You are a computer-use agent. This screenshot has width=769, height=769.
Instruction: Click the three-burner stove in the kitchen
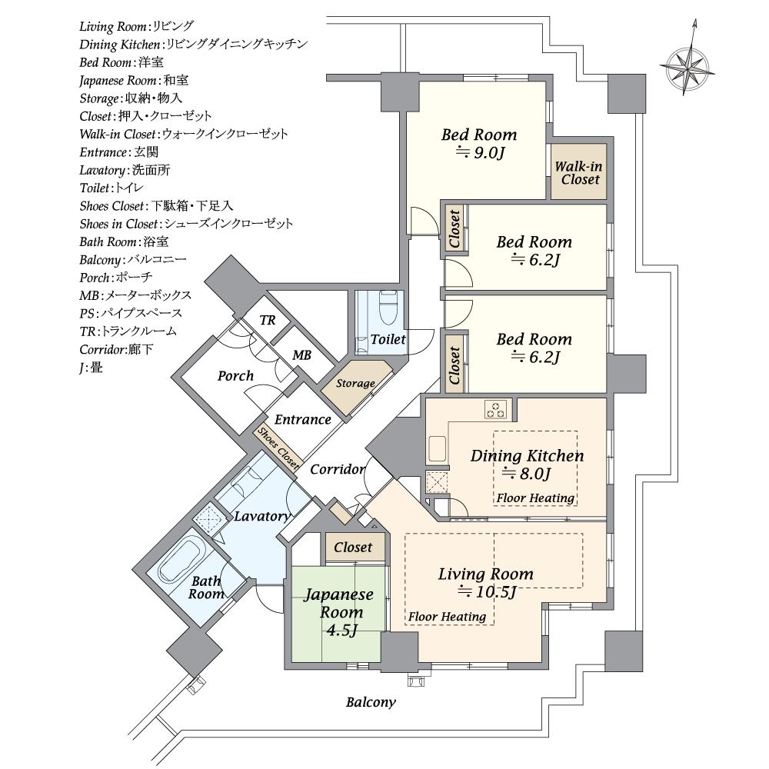pos(494,408)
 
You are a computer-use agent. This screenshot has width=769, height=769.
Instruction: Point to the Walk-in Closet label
pos(579,172)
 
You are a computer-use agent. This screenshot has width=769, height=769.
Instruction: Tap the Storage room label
pos(355,384)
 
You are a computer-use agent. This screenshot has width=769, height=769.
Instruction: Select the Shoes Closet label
pos(278,448)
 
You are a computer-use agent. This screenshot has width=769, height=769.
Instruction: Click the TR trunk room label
pos(268,320)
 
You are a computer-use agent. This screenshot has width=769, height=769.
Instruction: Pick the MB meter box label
pos(301,355)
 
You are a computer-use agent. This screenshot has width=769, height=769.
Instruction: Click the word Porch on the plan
pos(235,376)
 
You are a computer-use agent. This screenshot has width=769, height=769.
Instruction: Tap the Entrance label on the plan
pos(302,419)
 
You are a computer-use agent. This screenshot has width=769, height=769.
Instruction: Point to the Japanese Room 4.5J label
pos(340,612)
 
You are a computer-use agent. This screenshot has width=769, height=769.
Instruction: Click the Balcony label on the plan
pos(371,702)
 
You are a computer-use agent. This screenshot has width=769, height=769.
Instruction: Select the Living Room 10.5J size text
pos(487,592)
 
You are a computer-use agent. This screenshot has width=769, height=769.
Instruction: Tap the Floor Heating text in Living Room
pos(447,617)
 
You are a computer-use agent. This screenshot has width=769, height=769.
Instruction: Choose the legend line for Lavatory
pos(125,170)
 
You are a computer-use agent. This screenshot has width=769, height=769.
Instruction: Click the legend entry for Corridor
pos(116,350)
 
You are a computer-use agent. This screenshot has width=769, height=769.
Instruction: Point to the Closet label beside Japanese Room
pos(353,547)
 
